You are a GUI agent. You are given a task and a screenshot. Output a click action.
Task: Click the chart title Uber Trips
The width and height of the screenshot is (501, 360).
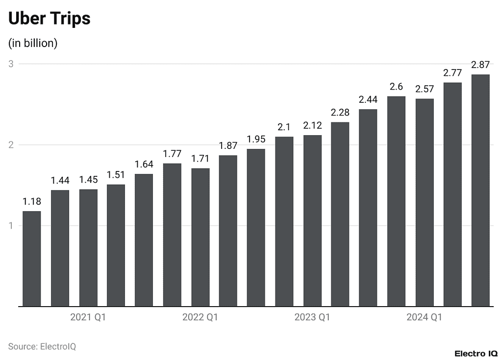pyautogui.click(x=50, y=19)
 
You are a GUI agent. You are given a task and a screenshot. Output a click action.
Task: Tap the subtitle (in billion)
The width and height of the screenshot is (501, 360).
pyautogui.click(x=33, y=43)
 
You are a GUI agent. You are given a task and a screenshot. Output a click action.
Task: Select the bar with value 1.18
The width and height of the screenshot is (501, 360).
pyautogui.click(x=32, y=259)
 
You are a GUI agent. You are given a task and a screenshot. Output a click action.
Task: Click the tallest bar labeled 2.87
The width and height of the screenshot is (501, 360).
pyautogui.click(x=480, y=191)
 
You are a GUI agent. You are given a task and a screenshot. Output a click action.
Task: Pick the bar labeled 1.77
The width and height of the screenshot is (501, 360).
pyautogui.click(x=172, y=235)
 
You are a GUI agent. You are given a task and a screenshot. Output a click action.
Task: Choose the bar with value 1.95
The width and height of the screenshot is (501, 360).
pyautogui.click(x=256, y=228)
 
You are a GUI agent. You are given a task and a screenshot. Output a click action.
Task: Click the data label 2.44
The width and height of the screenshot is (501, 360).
pyautogui.click(x=368, y=99)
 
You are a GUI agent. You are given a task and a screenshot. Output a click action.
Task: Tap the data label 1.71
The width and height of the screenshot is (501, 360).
pyautogui.click(x=200, y=159)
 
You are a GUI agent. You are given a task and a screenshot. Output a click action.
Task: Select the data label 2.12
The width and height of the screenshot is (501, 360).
pyautogui.click(x=312, y=126)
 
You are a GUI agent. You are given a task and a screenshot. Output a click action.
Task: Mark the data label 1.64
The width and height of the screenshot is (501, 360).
pyautogui.click(x=144, y=164)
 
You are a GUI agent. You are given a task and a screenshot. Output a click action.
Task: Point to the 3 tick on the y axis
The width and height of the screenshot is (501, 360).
pyautogui.click(x=10, y=64)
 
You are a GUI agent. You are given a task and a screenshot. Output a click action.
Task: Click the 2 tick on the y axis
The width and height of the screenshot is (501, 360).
pyautogui.click(x=10, y=145)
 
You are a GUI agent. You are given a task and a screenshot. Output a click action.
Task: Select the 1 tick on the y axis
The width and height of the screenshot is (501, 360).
pyautogui.click(x=10, y=226)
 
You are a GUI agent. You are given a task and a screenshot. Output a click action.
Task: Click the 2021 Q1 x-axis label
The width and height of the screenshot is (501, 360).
pyautogui.click(x=88, y=317)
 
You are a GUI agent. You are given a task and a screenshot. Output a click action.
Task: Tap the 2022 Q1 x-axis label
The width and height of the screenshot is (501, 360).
pyautogui.click(x=200, y=317)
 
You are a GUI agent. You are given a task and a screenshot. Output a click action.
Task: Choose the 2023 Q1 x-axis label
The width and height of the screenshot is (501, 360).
pyautogui.click(x=312, y=317)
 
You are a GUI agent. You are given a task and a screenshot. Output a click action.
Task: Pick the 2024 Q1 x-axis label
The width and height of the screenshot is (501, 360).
pyautogui.click(x=424, y=317)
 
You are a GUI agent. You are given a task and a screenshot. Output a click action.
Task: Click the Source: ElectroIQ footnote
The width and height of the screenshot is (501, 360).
pyautogui.click(x=42, y=346)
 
